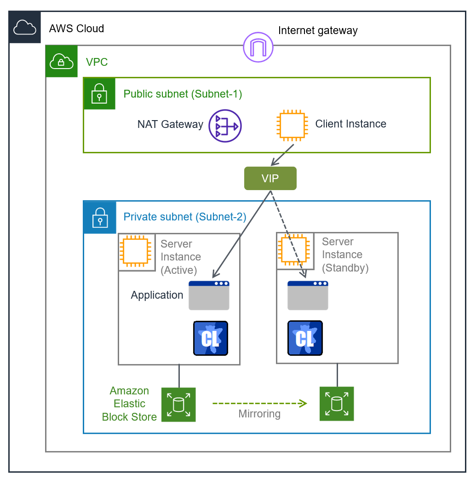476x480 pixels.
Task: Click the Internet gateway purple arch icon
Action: coord(258,47)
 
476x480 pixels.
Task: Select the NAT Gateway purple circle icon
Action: coord(225,126)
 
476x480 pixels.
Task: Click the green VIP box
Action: coord(270,179)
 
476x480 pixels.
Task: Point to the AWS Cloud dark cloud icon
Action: coord(25,28)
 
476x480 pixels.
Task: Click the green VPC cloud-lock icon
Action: coord(62,61)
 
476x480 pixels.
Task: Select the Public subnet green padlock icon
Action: coord(99,93)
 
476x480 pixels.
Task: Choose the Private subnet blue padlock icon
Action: coord(99,217)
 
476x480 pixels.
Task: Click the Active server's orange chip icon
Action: coord(134,252)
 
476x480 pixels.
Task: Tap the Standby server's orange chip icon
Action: coord(292,250)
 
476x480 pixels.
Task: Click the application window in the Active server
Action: coord(209,295)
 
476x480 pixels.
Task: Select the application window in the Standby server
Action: coord(308,295)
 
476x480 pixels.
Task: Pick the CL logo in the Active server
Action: coord(211,338)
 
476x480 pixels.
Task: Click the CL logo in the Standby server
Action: coord(304,338)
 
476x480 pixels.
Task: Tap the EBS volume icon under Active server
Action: coord(178,405)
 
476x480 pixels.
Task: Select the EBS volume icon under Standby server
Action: coord(337,404)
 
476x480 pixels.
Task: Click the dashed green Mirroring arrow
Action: coord(259,404)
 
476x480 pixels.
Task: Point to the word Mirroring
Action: coord(259,414)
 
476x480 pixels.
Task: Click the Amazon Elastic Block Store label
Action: coord(129,404)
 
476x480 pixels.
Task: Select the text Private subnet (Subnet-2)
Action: coord(185,217)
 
